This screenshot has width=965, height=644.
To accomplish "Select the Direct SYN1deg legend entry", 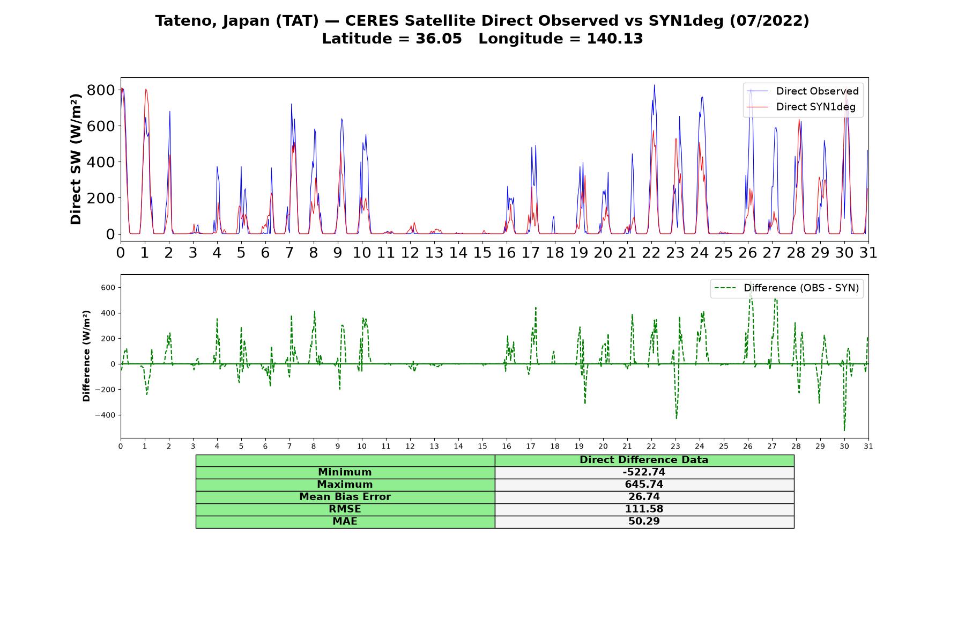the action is point(801,107).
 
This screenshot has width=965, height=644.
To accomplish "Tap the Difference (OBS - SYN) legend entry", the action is point(786,288).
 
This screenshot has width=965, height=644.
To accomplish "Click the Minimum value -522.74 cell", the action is point(644,472).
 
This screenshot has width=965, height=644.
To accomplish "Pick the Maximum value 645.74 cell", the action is point(644,485).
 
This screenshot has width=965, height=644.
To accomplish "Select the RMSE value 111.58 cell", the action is point(644,509).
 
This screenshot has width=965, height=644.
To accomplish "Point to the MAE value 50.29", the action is point(644,522).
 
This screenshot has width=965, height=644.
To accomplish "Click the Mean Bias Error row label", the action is point(345,497).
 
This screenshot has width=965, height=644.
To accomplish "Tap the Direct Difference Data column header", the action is point(644,460).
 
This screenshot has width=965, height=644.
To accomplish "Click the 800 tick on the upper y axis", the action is point(101,90).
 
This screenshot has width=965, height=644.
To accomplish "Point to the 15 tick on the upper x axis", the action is point(482,253).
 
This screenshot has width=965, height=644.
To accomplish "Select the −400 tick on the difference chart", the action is point(105,415).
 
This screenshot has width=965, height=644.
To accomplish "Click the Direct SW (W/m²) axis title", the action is point(76,159).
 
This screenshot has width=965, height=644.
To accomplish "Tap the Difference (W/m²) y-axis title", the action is point(86,356).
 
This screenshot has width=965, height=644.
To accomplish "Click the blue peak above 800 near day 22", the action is point(654,85).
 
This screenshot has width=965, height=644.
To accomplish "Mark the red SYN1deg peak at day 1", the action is point(145,90).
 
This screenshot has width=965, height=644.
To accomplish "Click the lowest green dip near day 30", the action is point(844,430).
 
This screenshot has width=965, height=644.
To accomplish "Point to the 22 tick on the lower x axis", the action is point(651,446).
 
